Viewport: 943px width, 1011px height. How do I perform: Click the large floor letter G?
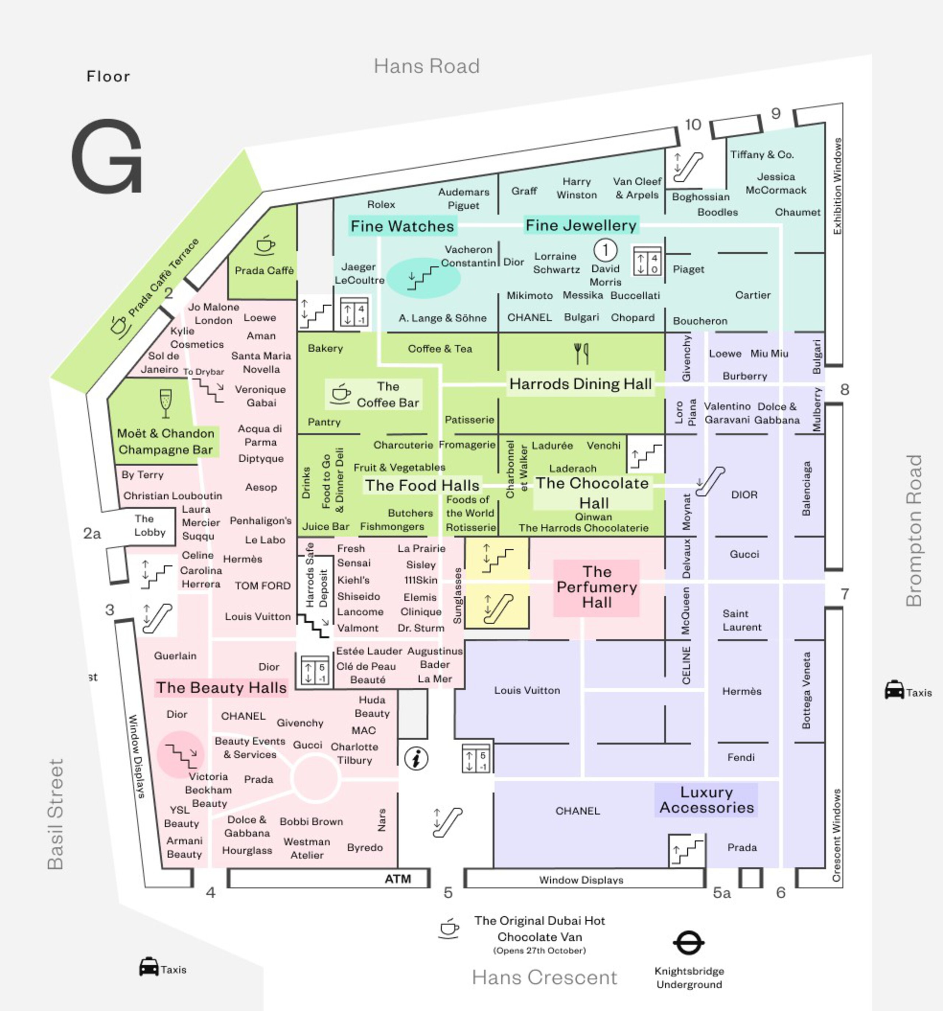click(x=107, y=156)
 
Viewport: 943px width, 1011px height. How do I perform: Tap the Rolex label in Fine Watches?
click(x=381, y=204)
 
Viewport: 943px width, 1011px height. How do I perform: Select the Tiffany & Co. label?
click(x=761, y=155)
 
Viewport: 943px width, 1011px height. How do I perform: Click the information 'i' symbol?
click(x=416, y=759)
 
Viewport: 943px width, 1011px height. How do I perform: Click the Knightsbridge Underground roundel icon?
click(x=689, y=943)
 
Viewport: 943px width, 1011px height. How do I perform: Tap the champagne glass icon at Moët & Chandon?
click(x=165, y=403)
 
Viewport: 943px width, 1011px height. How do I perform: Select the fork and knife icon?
click(x=581, y=354)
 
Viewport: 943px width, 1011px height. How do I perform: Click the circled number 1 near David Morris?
click(x=605, y=250)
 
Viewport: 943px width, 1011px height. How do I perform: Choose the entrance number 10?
click(x=693, y=124)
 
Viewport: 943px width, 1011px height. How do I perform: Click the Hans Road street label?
click(x=427, y=66)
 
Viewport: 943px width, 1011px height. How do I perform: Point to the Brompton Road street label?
click(x=914, y=530)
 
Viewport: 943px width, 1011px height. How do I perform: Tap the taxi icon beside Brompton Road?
click(x=894, y=690)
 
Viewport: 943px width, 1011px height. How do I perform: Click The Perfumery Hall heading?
click(x=597, y=587)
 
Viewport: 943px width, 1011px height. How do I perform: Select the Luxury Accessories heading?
click(x=707, y=800)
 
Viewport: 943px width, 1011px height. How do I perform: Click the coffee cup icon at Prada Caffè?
click(x=264, y=245)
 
